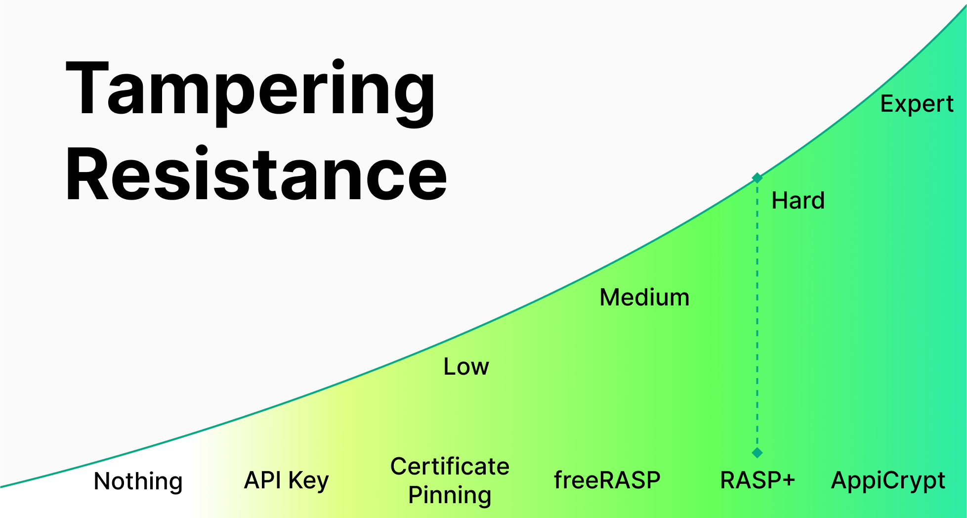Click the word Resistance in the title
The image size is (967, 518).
(x=256, y=174)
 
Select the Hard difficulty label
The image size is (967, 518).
(x=798, y=200)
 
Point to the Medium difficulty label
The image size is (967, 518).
(x=644, y=297)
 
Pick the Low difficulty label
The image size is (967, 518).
(x=466, y=366)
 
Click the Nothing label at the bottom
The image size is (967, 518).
(x=138, y=481)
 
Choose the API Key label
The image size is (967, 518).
(x=287, y=480)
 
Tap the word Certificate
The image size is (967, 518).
(x=450, y=466)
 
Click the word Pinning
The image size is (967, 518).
(x=450, y=495)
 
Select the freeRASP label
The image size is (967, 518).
(x=607, y=480)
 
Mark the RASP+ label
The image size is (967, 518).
(x=757, y=480)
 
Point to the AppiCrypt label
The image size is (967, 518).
(x=888, y=481)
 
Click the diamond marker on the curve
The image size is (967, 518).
(x=757, y=177)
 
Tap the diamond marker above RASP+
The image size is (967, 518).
(x=757, y=452)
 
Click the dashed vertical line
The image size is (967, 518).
(x=757, y=315)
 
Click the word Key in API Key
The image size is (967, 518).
(x=308, y=481)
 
